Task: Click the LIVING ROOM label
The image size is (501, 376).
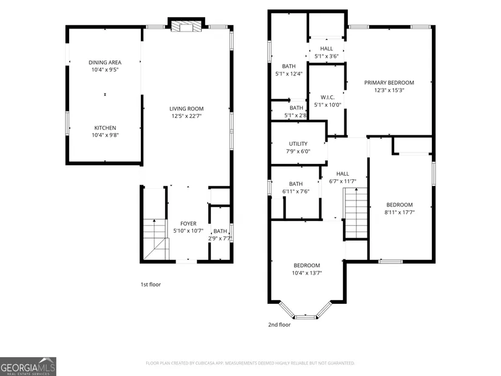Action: pos(186,109)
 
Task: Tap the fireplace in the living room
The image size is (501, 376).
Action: pos(186,27)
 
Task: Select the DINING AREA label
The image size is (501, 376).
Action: pos(105,63)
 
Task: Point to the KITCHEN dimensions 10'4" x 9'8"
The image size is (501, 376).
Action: pos(105,135)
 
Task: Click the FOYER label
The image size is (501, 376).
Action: pos(188,224)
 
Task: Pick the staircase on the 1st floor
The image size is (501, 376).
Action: pos(155,239)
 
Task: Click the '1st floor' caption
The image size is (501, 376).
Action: pos(151,284)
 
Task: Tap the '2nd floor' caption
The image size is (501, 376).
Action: pos(279,324)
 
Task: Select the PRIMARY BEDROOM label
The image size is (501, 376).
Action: pos(389,83)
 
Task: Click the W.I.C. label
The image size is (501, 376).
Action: pos(327,97)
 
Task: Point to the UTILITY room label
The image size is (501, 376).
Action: pos(298,144)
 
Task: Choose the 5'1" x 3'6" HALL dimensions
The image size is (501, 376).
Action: pos(327,56)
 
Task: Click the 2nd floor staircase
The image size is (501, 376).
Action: pos(356,213)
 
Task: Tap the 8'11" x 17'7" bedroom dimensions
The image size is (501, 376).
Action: pos(400,212)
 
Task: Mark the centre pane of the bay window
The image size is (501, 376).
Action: pos(305,317)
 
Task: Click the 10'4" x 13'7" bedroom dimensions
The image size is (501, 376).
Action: pos(307,273)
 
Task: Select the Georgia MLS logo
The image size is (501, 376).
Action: pos(28,367)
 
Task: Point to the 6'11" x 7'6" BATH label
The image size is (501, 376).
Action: pos(296,184)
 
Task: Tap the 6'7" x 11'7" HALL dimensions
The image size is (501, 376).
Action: pos(343,181)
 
